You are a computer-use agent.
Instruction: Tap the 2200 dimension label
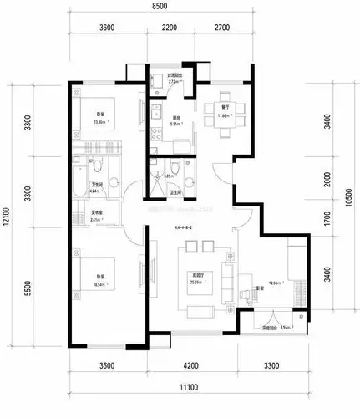[x=170, y=28]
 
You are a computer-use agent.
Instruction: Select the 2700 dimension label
[x=221, y=28]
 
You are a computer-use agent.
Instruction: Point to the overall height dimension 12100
[x=7, y=216]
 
